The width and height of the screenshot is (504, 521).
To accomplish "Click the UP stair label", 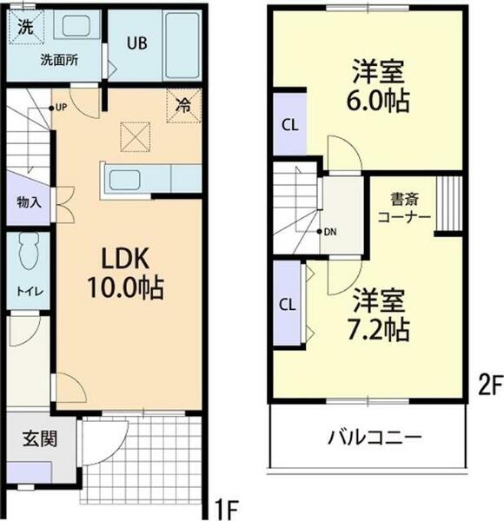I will click(61, 108).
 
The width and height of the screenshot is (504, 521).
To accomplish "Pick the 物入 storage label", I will click(29, 201).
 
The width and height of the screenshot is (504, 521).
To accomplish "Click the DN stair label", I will click(328, 232).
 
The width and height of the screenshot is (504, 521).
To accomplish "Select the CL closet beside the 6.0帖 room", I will click(289, 124).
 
